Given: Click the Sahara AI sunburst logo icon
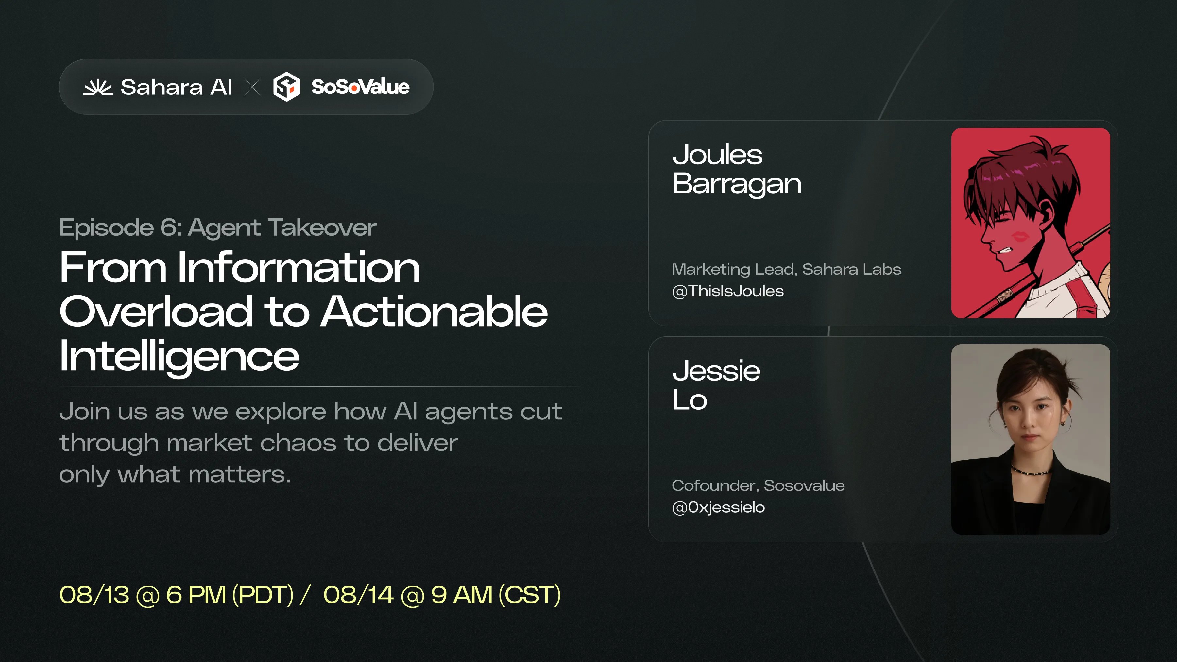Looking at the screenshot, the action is (x=97, y=87).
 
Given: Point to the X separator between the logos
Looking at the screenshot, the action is (x=252, y=87).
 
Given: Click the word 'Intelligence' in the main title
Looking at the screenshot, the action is (x=179, y=356).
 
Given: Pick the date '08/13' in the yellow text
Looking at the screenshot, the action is (x=94, y=595).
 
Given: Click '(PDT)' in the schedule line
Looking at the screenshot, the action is (x=263, y=595).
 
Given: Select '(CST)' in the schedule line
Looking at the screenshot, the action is (x=530, y=595).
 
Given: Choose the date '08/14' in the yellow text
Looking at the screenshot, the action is (x=358, y=595).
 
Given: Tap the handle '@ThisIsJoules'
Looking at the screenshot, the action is (x=728, y=291).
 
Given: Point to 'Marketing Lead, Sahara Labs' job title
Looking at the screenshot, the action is (x=786, y=270).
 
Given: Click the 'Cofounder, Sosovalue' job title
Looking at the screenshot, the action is (x=758, y=486).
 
